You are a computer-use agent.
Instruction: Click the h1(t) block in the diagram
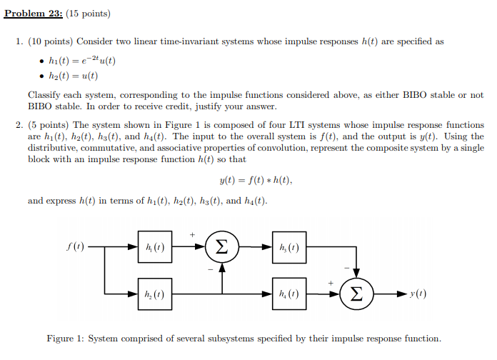[155, 247]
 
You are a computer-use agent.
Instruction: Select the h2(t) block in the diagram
[155, 294]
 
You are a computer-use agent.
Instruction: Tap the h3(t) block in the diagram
[290, 247]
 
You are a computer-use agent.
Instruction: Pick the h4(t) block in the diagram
[290, 294]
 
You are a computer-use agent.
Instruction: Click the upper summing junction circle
[222, 247]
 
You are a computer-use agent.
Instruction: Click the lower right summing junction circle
[357, 294]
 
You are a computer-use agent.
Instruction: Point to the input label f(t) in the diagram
[74, 247]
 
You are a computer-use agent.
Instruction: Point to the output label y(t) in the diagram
[419, 294]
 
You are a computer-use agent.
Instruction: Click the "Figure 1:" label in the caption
[66, 339]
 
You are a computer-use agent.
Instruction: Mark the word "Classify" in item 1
[44, 94]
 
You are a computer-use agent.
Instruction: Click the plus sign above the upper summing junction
[192, 234]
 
